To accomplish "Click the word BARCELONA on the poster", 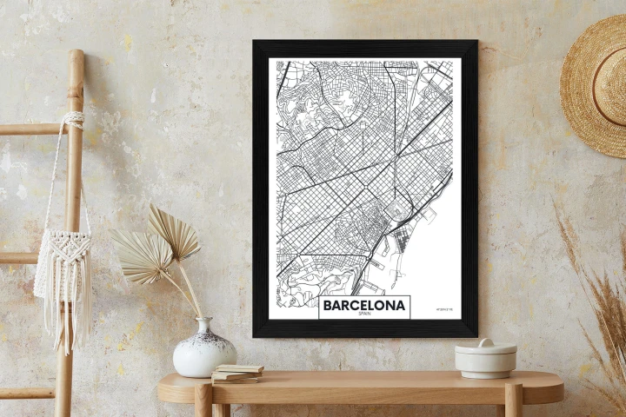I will tap(364, 306).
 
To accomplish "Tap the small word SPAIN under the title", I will tap(364, 314).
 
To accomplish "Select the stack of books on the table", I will tap(236, 373).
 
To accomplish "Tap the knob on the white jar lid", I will tap(485, 342).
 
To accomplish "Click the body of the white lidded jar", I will tap(485, 363).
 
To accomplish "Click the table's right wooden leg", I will tap(513, 401).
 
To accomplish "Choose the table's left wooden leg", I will tap(203, 401).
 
